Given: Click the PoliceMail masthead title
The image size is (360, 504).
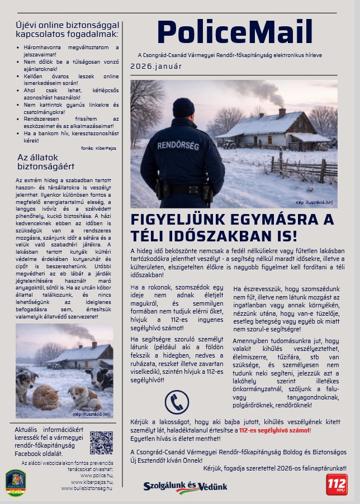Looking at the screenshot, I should [234, 32].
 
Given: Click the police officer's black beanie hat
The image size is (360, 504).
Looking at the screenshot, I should [183, 107].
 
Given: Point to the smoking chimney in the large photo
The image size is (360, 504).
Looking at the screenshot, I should [282, 112].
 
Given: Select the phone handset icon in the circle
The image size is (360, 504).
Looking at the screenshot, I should [177, 402].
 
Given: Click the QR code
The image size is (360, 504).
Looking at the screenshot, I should [101, 443].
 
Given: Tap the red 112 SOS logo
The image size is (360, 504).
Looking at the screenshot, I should [337, 484].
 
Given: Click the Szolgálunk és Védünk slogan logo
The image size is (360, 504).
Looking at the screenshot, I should [185, 487].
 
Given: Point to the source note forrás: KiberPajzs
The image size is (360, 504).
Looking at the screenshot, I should [99, 148].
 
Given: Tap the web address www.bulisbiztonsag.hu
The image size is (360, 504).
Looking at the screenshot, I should [87, 488].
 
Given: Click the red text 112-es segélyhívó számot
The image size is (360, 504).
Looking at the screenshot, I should [274, 430].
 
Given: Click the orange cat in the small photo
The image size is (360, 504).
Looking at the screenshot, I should [46, 397].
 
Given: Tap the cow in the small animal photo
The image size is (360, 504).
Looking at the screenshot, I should [101, 379].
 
